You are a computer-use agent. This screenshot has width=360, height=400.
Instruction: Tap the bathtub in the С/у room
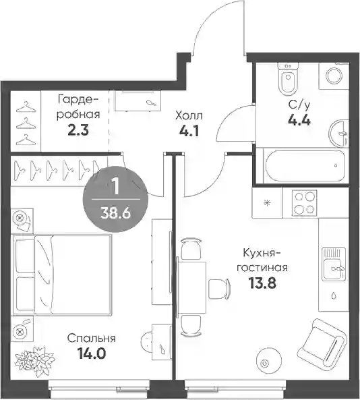(x=305, y=165)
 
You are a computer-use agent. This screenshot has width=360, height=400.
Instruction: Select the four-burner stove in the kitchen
(x=304, y=203)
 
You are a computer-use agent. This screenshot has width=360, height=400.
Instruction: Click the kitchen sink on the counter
(x=334, y=264)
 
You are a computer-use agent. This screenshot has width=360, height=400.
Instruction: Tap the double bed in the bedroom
(x=63, y=275)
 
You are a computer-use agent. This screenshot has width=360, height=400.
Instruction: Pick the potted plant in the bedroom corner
(x=34, y=360)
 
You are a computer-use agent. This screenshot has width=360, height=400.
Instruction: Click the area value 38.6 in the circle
(x=115, y=212)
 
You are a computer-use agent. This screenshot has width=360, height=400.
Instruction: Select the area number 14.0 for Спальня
(x=92, y=354)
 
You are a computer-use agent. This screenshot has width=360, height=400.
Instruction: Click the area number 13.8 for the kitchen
(x=263, y=283)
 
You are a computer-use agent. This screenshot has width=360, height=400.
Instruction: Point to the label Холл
(x=189, y=116)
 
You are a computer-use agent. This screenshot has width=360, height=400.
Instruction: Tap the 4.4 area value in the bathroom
(x=299, y=120)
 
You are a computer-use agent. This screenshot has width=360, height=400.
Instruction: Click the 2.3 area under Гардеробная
(x=78, y=130)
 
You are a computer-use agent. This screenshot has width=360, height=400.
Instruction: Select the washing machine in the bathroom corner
(x=334, y=76)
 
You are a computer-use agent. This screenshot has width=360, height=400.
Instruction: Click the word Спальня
(x=91, y=339)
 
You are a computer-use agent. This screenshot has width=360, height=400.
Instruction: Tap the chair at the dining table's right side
(x=220, y=289)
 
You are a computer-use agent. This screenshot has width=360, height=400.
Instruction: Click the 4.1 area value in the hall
(x=189, y=132)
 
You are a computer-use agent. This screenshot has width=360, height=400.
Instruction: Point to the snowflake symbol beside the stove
(x=268, y=203)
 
